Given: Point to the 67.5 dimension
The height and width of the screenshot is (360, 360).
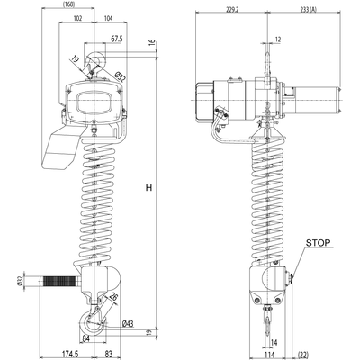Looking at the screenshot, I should coord(116,40).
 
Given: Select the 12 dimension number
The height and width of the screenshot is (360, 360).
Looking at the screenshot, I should coord(278,40).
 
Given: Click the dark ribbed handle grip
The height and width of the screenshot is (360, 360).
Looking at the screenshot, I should coord(59,283).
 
